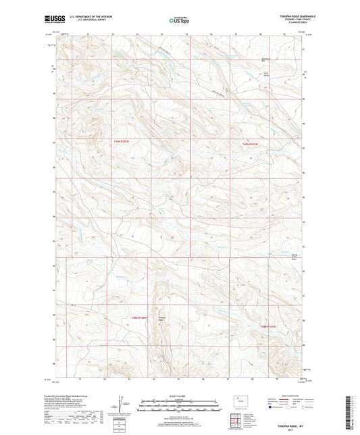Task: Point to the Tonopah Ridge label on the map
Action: pyautogui.click(x=161, y=319)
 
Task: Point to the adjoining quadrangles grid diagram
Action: pyautogui.click(x=240, y=421)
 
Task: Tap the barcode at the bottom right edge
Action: pyautogui.click(x=353, y=413)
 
